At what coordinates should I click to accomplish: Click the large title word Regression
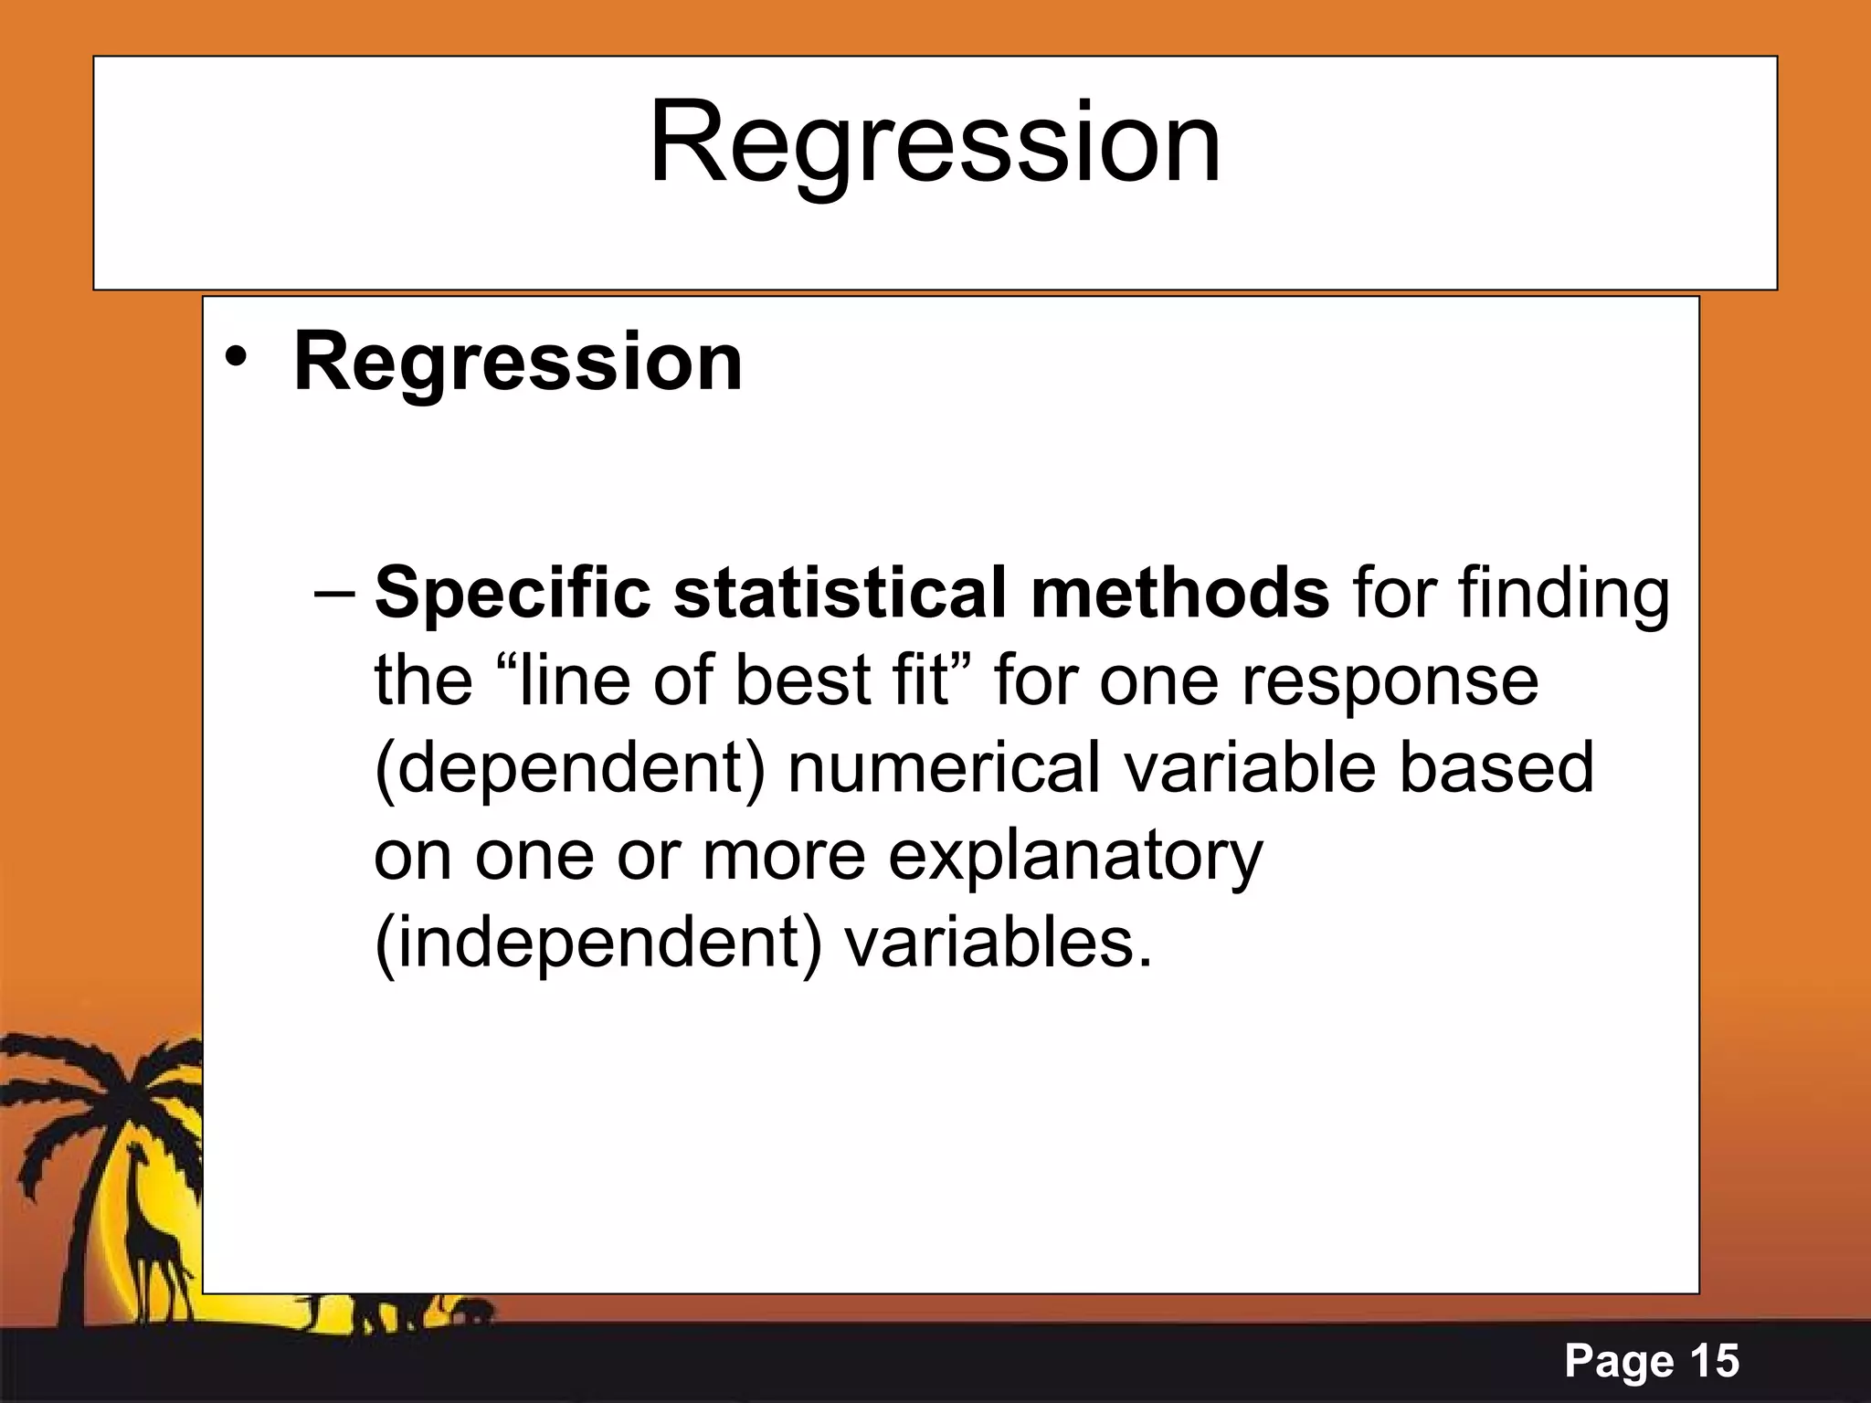[x=934, y=144]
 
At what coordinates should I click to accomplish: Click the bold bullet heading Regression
[x=518, y=363]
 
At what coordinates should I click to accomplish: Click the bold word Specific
[x=513, y=594]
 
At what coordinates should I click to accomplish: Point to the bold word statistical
[x=839, y=594]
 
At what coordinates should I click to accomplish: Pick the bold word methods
[x=1179, y=594]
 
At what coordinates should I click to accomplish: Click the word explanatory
[x=1075, y=857]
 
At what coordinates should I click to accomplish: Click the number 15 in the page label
[x=1713, y=1361]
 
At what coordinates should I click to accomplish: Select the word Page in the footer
[x=1618, y=1362]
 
